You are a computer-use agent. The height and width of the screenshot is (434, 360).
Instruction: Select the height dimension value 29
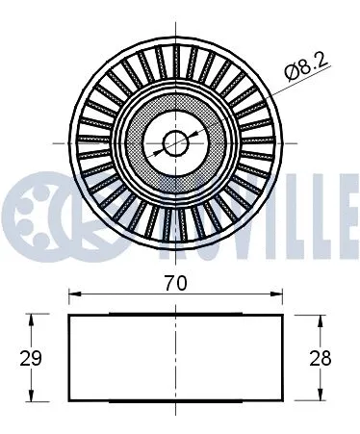coord(29,358)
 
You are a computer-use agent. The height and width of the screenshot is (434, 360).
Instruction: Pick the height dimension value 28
coord(322,358)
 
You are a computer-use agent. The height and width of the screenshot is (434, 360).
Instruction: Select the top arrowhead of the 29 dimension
coord(36,319)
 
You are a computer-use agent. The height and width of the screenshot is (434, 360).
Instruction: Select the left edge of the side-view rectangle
coord(68,358)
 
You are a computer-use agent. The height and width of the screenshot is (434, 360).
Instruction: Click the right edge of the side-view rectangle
coord(282,358)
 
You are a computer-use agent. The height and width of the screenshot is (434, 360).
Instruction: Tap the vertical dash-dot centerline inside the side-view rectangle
coord(175,358)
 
